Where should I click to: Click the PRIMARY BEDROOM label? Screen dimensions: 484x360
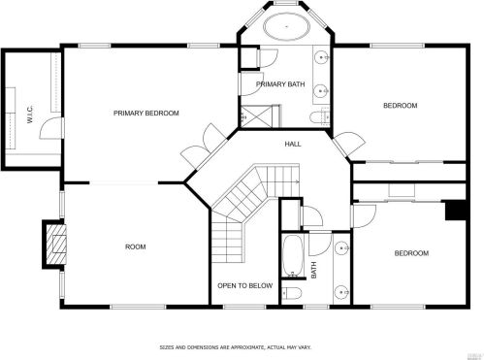[146, 114]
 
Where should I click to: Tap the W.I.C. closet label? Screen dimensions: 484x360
[30, 115]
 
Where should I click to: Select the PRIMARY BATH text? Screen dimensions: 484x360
[280, 84]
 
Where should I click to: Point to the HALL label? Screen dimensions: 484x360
[293, 144]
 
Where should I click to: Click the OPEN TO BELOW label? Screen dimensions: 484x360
[245, 285]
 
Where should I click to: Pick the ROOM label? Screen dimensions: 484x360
[136, 246]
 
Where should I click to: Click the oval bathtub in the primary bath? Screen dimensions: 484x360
[286, 26]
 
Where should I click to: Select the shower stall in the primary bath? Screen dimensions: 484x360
[260, 116]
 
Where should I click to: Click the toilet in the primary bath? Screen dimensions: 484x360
[319, 116]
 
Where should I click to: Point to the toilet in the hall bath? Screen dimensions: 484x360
[292, 293]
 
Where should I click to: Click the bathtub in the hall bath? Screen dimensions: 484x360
[293, 255]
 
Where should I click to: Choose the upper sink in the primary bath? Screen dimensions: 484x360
[322, 57]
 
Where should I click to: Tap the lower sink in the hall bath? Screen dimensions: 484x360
[341, 292]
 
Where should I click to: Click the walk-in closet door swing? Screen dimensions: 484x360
[50, 128]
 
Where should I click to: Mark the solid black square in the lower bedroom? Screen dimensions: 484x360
[456, 211]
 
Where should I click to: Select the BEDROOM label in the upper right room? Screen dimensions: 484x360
[401, 106]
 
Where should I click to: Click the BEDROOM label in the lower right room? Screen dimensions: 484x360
[411, 253]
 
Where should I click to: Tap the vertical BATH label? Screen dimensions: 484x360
[313, 270]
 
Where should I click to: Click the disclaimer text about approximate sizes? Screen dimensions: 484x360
[236, 347]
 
